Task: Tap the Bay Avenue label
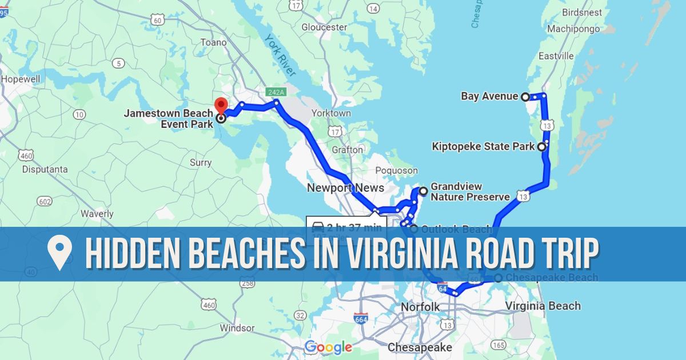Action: [x=489, y=97]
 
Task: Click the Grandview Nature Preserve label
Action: [x=469, y=192]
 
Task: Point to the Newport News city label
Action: [x=345, y=188]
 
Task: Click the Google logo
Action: [x=328, y=347]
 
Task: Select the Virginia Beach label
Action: [x=543, y=306]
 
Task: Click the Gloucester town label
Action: [x=324, y=27]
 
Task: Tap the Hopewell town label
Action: [x=21, y=79]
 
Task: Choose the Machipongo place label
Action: [x=573, y=29]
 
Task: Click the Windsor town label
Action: [x=237, y=328]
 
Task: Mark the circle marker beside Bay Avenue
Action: [x=525, y=97]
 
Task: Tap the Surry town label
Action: [x=201, y=163]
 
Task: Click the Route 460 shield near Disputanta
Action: [x=26, y=155]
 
